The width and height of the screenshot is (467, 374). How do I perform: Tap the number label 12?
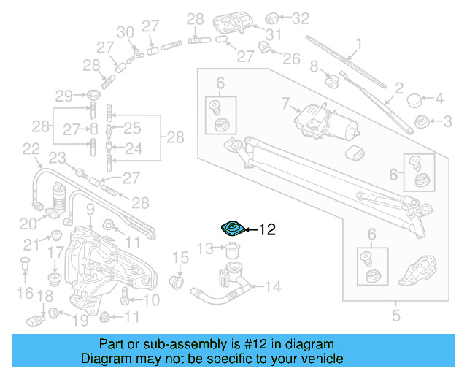tap(267, 230)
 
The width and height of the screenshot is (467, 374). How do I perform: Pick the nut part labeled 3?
tap(421, 120)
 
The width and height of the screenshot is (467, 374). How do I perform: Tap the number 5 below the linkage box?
tap(396, 316)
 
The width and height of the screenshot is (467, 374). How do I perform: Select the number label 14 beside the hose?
tap(272, 287)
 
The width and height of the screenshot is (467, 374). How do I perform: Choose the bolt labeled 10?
tap(125, 298)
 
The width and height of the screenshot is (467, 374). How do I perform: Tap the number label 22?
tap(31, 149)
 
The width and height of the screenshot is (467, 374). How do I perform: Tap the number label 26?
tap(290, 58)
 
